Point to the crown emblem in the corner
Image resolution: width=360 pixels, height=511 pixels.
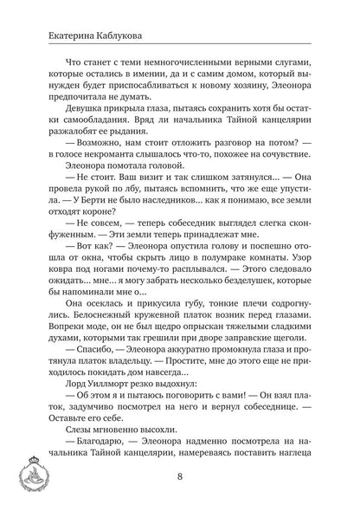pos(25,479)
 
